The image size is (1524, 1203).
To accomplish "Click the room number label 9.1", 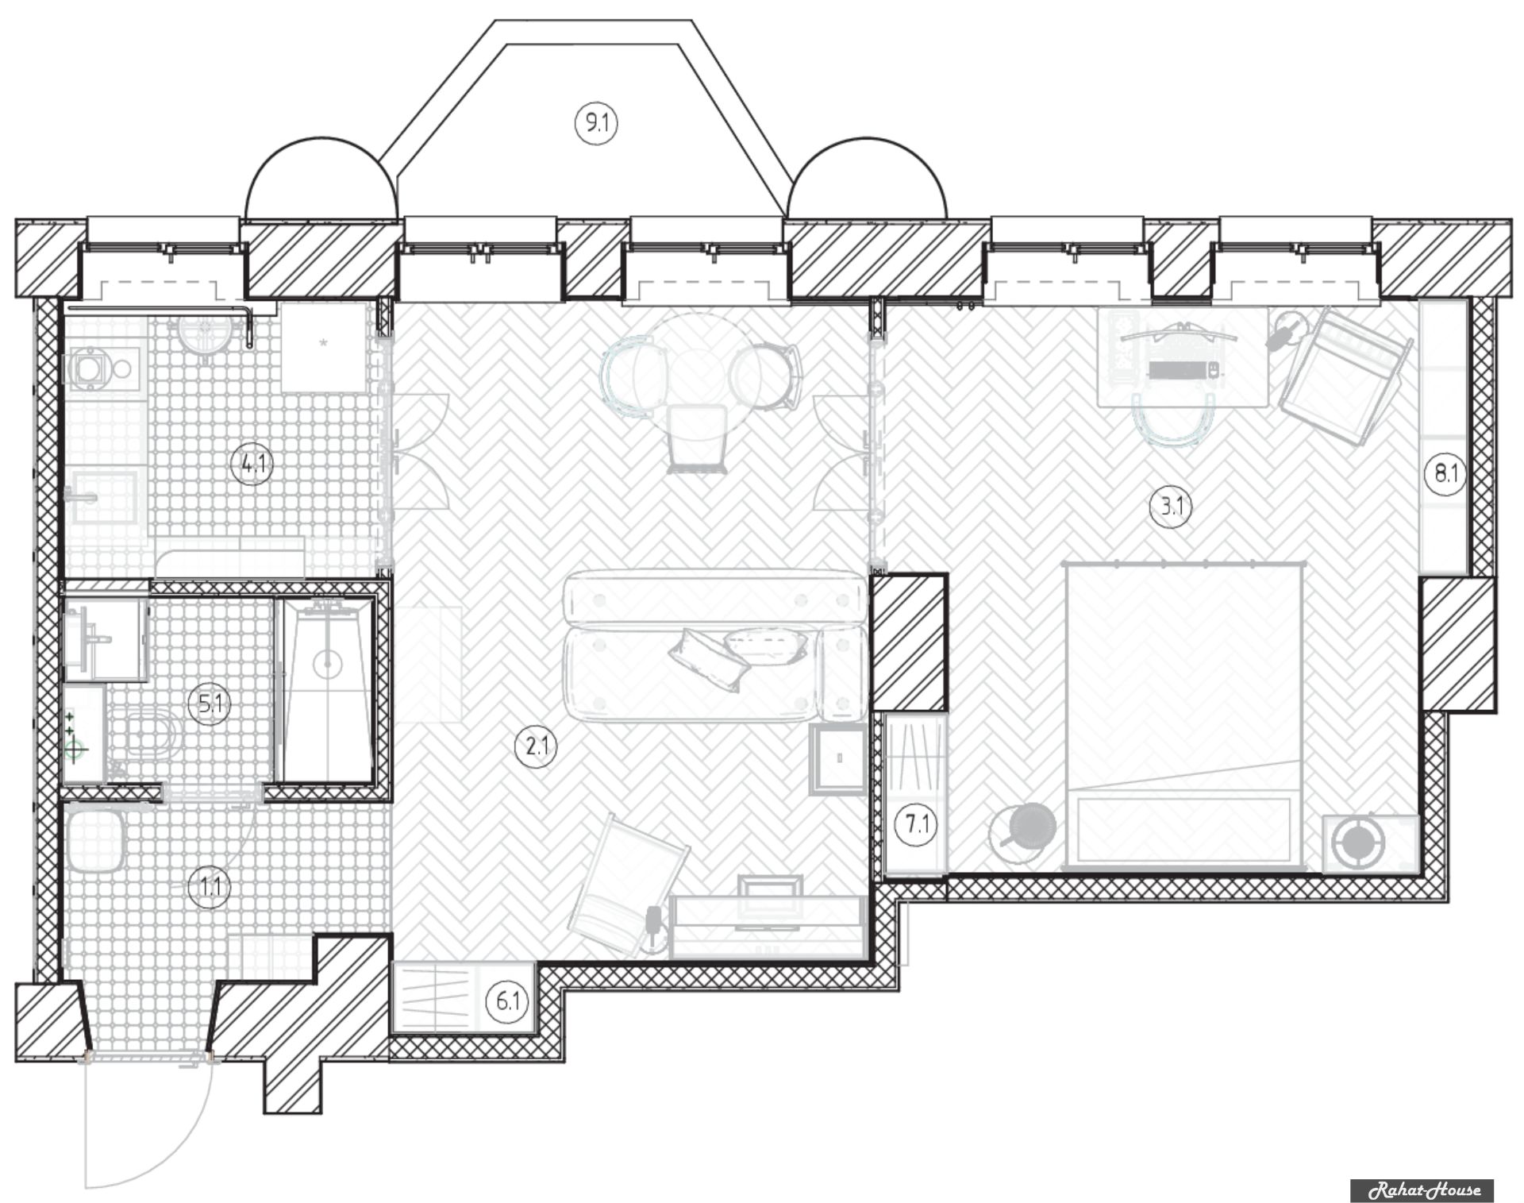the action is (596, 124).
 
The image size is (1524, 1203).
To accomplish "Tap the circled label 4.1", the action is (252, 463).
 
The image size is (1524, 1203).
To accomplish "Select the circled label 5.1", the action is (210, 704).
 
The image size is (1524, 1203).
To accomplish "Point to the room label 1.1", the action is (210, 886).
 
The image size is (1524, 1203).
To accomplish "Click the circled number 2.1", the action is (537, 746).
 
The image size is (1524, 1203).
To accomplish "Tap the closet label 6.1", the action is (507, 1002).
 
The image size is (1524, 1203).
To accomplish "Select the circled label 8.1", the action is (1445, 474).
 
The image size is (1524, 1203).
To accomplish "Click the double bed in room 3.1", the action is (1183, 714).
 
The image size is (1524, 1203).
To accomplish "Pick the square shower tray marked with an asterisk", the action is (324, 346).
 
